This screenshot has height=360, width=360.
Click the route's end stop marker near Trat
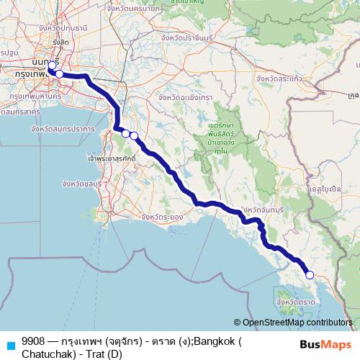click(310, 274)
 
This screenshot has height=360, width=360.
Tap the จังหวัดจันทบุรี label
click(267, 210)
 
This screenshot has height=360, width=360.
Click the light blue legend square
click(10, 344)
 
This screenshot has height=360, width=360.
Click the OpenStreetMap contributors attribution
click(296, 323)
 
